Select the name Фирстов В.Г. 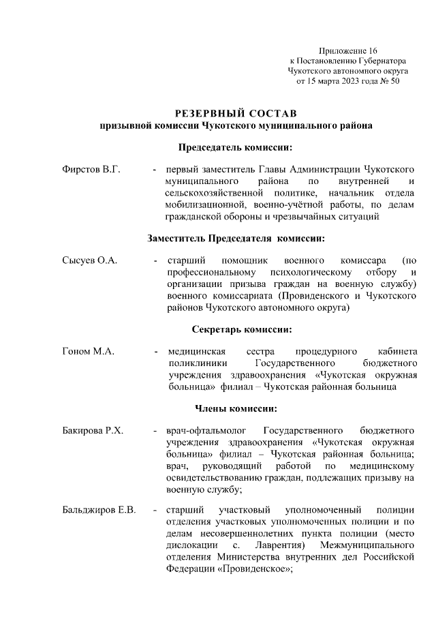(x=91, y=169)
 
